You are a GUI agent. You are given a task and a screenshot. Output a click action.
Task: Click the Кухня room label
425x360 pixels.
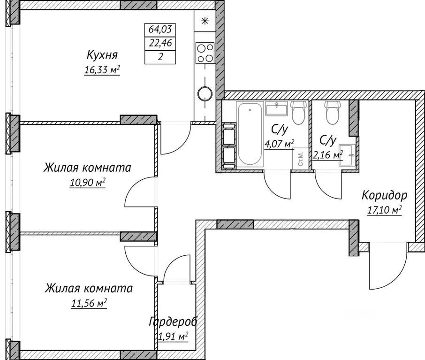(101, 55)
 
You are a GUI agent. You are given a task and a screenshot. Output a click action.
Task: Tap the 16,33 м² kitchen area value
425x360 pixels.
(101, 70)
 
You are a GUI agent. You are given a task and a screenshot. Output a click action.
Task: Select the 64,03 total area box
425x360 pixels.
(160, 29)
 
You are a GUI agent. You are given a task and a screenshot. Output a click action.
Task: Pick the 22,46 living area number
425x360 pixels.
(160, 44)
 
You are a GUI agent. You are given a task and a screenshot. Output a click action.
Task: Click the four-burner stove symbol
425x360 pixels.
(205, 53)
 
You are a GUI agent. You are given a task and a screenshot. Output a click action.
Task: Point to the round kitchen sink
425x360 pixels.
(204, 93)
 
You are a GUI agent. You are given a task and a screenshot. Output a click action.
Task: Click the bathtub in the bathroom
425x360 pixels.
(250, 134)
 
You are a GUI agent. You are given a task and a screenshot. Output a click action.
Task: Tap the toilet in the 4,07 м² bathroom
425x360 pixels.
(298, 112)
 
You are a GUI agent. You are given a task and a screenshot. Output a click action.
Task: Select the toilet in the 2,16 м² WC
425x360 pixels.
(333, 112)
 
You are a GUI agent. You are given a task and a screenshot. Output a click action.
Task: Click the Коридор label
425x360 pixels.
(384, 195)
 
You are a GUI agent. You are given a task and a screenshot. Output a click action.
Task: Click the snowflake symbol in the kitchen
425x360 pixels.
(204, 21)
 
